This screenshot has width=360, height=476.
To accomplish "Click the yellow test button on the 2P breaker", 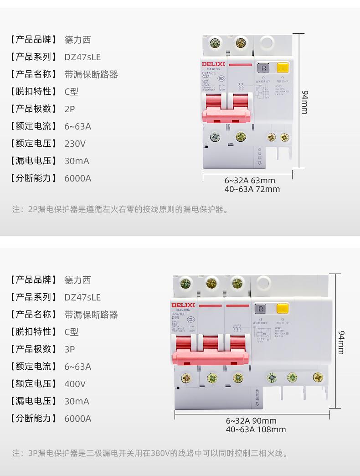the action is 283,69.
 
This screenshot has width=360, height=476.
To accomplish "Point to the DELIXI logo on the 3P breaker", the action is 183,305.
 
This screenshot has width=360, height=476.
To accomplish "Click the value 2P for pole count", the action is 70,109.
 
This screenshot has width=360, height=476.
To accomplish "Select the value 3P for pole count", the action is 70,349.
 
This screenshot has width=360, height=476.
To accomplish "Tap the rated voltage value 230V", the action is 75,144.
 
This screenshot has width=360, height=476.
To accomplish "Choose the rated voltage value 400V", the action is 75,384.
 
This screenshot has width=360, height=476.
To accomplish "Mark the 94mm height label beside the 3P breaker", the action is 341,342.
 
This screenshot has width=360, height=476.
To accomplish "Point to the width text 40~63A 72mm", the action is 252,189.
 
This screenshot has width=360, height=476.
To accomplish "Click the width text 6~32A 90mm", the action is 251,421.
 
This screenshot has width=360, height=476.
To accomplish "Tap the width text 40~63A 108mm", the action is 256,429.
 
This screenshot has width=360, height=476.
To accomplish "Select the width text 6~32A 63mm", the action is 250,180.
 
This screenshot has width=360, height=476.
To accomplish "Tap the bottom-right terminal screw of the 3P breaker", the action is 318,377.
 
